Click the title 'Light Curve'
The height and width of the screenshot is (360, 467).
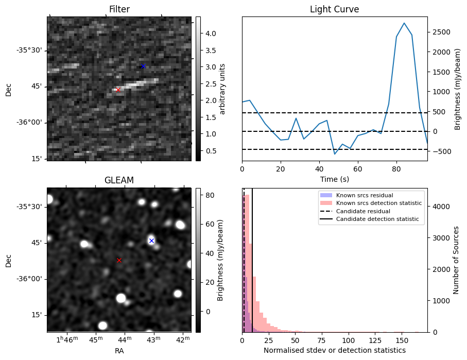click(x=334, y=9)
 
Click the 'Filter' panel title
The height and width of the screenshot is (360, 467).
click(x=119, y=9)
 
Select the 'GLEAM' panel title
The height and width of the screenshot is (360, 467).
click(x=119, y=180)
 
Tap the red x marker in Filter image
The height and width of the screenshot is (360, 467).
click(x=118, y=90)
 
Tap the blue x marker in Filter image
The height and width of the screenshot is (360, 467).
click(x=143, y=66)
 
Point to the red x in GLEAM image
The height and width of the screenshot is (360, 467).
click(x=119, y=261)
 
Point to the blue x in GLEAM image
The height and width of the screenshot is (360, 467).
click(x=151, y=241)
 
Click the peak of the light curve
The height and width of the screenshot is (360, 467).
click(x=404, y=23)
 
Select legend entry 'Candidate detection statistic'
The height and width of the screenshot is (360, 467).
click(x=379, y=219)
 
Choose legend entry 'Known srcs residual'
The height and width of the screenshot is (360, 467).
click(x=364, y=196)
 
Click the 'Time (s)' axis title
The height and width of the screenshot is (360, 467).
click(x=334, y=179)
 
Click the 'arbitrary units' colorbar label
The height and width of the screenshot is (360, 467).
click(x=223, y=89)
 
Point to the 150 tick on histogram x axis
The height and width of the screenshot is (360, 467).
click(x=402, y=340)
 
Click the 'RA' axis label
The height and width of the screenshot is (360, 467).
click(x=119, y=351)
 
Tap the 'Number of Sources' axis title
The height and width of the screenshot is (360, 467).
click(x=456, y=260)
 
